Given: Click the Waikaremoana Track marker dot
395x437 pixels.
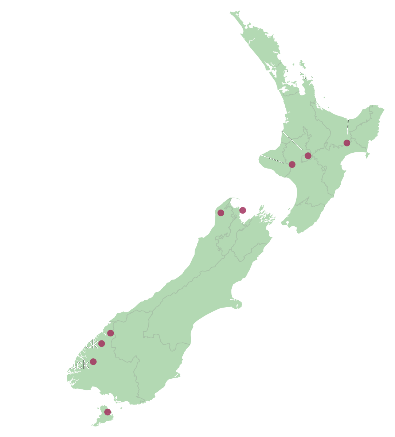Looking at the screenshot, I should [x=347, y=143].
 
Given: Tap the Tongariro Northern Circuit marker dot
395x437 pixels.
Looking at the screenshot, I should [x=308, y=156].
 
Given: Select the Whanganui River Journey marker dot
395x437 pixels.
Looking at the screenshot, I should [x=292, y=164].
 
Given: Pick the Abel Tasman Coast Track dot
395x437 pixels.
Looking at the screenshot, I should [x=243, y=210].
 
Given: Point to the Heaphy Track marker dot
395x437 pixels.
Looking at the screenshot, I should [x=221, y=213].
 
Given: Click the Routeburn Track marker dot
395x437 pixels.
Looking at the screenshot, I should [x=110, y=333].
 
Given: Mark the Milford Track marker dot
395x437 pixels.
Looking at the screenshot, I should [x=102, y=343].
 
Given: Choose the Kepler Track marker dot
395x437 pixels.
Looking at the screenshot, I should [x=93, y=362].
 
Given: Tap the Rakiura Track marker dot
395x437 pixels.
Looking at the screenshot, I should [x=107, y=412].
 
